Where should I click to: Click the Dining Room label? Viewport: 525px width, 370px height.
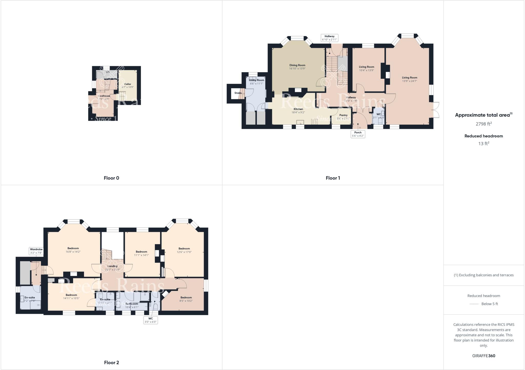(297, 65)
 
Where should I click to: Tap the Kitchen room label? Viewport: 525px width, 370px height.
(298, 109)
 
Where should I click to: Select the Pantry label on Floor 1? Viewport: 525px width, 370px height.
(343, 115)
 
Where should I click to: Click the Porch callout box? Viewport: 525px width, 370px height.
(358, 134)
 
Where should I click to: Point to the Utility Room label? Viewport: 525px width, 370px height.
(256, 80)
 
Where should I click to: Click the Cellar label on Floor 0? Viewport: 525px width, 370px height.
(128, 84)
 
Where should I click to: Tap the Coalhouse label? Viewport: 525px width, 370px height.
(104, 96)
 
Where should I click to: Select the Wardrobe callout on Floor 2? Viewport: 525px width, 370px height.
(36, 251)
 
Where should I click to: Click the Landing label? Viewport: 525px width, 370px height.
(113, 266)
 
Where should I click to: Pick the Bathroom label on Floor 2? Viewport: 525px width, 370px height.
(132, 304)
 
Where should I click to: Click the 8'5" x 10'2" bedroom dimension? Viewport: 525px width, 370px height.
(186, 301)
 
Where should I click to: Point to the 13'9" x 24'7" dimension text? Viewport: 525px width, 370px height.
(409, 81)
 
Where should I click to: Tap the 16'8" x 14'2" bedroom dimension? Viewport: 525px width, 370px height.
(73, 252)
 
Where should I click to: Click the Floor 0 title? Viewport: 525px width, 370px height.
(111, 178)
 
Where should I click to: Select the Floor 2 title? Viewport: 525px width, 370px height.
(111, 363)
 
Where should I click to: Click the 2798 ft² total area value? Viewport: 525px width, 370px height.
(483, 124)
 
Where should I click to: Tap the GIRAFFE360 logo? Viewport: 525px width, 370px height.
(483, 356)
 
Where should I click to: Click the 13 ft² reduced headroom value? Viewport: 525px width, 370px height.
(483, 144)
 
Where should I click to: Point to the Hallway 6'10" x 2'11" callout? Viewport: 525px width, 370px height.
(329, 38)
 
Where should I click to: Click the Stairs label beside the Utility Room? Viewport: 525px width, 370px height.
(238, 93)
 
